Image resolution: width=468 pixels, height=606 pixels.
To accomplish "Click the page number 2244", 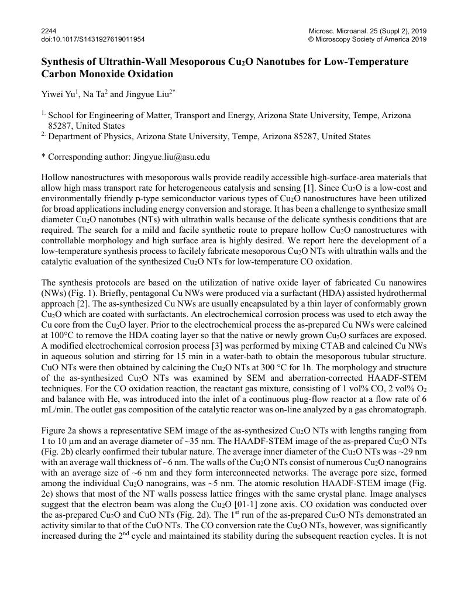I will click(x=49, y=30).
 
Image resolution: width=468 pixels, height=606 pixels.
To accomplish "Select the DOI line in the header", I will click(x=93, y=39).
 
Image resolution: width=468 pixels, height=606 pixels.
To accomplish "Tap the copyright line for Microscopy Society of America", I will click(x=367, y=39).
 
